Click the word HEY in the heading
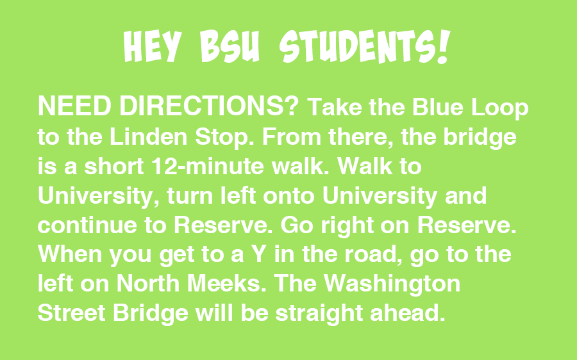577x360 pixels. (153, 46)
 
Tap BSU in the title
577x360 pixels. (230, 46)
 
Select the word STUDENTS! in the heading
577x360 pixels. (365, 46)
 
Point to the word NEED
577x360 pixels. (75, 106)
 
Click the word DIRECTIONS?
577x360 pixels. (208, 106)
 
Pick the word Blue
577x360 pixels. (437, 107)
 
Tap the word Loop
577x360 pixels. (499, 109)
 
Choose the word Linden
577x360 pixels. (148, 136)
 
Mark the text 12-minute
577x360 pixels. (208, 166)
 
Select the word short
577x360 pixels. (114, 166)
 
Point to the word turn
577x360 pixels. (190, 195)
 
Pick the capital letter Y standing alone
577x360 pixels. (259, 254)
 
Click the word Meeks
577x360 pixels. (226, 284)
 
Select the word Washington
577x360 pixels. (392, 284)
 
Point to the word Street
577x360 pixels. (71, 313)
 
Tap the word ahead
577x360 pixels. (407, 313)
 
